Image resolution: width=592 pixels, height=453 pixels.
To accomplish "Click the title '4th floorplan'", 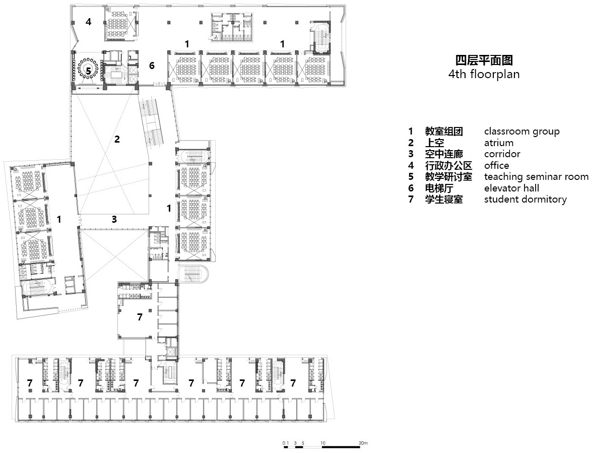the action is click(484, 74).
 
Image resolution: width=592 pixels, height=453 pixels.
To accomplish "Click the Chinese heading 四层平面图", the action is click(484, 60).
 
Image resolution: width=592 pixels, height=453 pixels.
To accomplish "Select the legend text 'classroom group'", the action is click(522, 132).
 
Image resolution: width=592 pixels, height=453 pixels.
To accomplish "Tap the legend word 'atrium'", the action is click(499, 143).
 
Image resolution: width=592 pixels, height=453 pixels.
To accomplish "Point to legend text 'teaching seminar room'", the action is click(536, 177).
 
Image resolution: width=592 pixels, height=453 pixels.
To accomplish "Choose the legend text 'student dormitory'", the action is click(525, 200).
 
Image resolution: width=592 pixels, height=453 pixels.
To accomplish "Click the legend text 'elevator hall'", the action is click(511, 188).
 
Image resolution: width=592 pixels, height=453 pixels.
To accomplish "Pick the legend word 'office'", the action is click(496, 165).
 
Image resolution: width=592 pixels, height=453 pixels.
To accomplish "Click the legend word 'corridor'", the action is click(502, 154).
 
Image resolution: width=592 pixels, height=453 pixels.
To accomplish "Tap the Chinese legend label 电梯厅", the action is click(439, 188).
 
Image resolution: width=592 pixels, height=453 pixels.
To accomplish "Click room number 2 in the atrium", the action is click(117, 139).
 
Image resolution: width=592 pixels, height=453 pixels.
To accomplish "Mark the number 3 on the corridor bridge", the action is click(114, 219).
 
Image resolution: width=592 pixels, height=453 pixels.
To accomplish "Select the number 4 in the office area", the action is click(88, 22).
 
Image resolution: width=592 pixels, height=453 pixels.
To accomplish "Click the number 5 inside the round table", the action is click(88, 70).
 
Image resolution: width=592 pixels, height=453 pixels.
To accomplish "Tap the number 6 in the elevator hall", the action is click(152, 66).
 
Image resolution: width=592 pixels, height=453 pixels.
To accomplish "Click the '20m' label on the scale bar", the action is click(363, 443).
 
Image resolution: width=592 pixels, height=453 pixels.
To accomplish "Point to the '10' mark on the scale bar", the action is click(323, 443).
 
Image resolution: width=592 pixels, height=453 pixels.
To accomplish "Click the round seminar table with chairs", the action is click(88, 69).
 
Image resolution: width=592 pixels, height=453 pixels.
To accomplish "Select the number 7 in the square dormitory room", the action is click(140, 317).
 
